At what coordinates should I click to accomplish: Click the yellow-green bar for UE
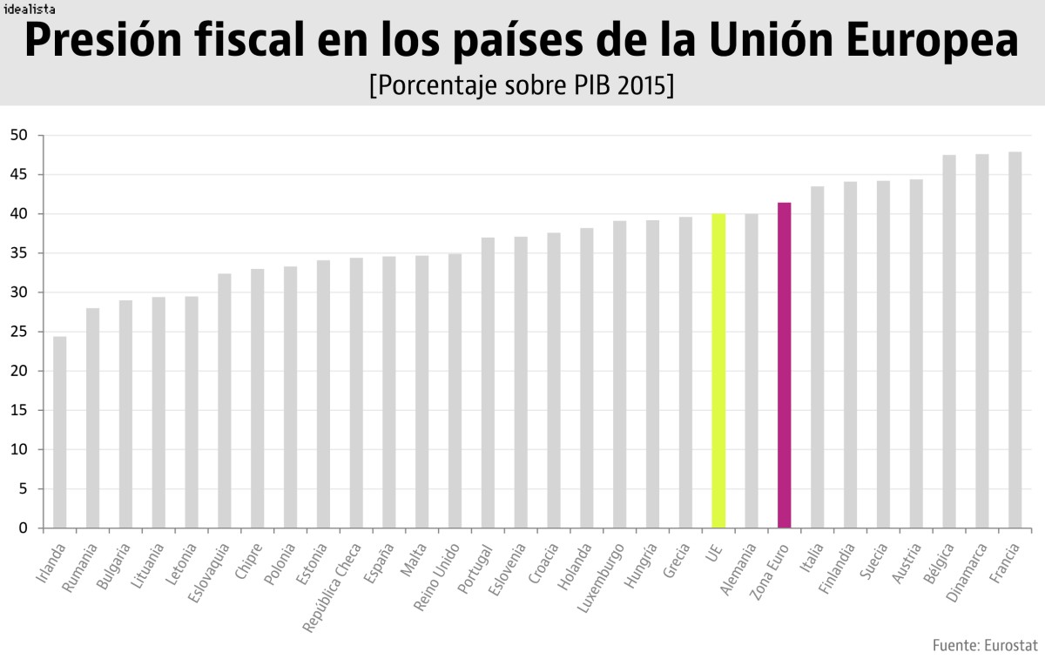718,371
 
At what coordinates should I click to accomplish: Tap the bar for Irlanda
59,432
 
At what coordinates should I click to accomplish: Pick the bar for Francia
1015,340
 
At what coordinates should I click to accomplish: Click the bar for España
388,392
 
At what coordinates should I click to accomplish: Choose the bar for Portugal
488,383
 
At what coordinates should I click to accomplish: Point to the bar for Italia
817,357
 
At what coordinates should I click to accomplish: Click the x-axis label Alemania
739,569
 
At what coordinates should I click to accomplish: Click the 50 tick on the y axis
19,136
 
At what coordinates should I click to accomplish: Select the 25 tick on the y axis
19,332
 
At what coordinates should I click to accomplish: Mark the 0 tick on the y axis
24,528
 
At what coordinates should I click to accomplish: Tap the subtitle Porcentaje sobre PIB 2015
521,86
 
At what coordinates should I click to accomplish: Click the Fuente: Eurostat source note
984,645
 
